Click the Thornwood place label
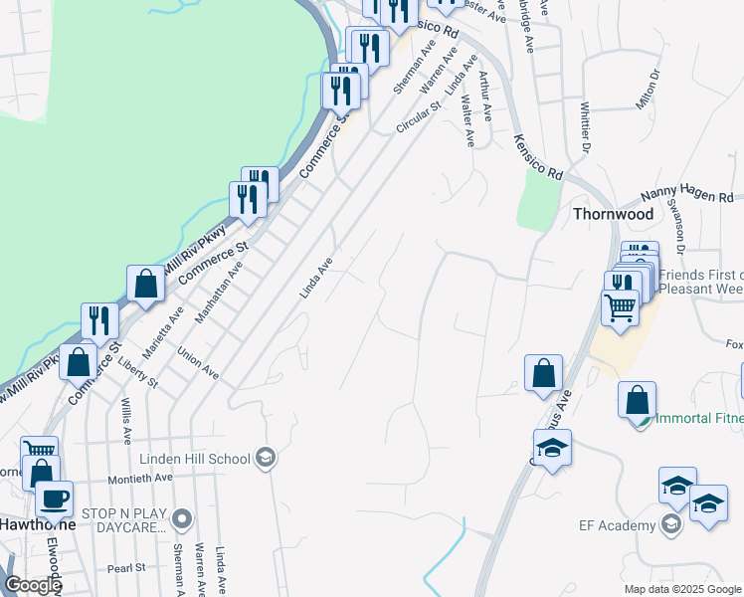(613, 214)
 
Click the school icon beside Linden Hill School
(266, 458)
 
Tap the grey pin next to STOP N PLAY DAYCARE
(181, 518)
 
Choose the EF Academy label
(618, 524)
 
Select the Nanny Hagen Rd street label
(686, 197)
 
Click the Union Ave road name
(198, 362)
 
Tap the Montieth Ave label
(141, 478)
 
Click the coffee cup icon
(54, 497)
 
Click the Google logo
(33, 585)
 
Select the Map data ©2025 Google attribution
(682, 589)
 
